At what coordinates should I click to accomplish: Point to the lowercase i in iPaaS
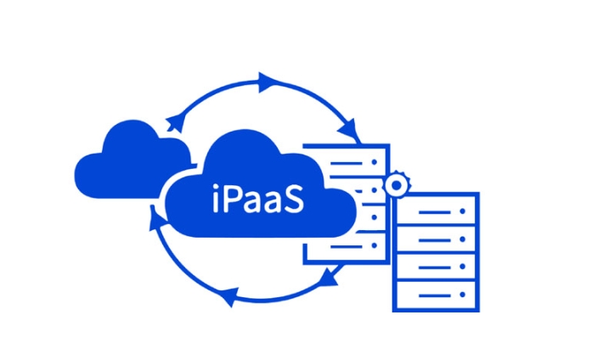[216, 198]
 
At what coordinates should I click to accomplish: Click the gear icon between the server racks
[397, 185]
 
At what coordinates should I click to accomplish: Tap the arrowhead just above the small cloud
[174, 122]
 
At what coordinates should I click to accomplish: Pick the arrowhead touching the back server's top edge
[348, 130]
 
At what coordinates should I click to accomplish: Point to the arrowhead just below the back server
[330, 276]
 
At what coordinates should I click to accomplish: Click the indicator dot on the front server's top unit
[463, 211]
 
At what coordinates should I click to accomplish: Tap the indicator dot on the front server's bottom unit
[463, 295]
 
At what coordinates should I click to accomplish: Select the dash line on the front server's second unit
[435, 240]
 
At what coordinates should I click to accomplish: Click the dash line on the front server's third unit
[435, 267]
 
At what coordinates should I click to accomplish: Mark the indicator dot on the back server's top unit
[374, 162]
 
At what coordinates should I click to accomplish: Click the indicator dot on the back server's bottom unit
[374, 245]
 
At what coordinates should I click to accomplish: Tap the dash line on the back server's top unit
[347, 164]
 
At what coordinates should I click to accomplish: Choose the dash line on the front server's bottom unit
[435, 295]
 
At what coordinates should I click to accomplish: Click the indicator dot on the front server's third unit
[463, 266]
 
